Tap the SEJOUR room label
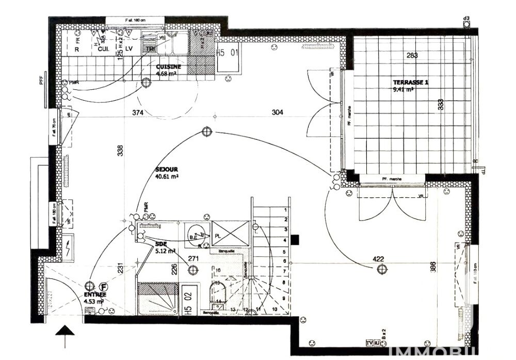pyautogui.click(x=166, y=169)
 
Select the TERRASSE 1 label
pyautogui.click(x=410, y=82)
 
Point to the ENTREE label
pyautogui.click(x=94, y=294)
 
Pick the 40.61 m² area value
pyautogui.click(x=167, y=176)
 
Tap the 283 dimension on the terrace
pyautogui.click(x=411, y=55)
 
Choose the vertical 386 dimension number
pyautogui.click(x=433, y=267)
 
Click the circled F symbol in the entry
pyautogui.click(x=104, y=285)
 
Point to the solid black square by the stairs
pyautogui.click(x=295, y=240)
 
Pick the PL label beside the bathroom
pyautogui.click(x=218, y=234)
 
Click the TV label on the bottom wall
pyautogui.click(x=369, y=342)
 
